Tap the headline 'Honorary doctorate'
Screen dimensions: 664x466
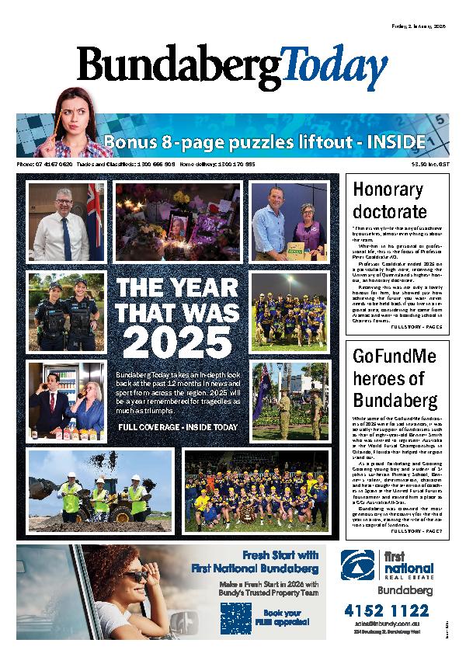(x=390, y=200)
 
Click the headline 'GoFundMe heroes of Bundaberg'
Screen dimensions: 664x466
(x=395, y=379)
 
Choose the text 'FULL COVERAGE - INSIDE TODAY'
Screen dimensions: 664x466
(x=177, y=428)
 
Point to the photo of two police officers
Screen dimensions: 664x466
(x=65, y=311)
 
